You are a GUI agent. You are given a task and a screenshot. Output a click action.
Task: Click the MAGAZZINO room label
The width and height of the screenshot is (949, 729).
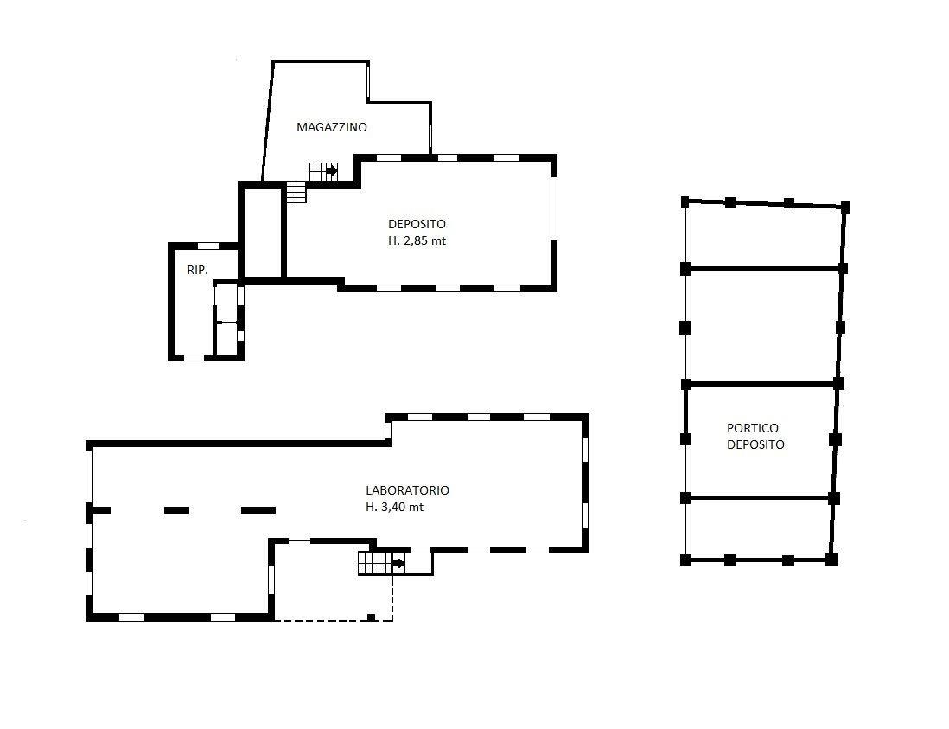pyautogui.click(x=332, y=127)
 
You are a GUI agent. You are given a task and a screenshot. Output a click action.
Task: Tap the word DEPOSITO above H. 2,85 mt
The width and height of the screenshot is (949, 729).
pyautogui.click(x=417, y=224)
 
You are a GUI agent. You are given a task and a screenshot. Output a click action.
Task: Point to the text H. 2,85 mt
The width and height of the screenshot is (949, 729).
pyautogui.click(x=417, y=240)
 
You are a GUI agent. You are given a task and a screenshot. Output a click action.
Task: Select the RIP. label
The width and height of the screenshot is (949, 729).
pyautogui.click(x=197, y=270)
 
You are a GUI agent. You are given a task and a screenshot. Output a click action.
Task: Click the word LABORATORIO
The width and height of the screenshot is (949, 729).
pyautogui.click(x=407, y=490)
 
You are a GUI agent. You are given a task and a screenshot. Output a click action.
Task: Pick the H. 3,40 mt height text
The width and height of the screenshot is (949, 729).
pyautogui.click(x=394, y=508)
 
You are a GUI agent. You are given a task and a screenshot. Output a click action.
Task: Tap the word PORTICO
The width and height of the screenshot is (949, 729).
pyautogui.click(x=752, y=428)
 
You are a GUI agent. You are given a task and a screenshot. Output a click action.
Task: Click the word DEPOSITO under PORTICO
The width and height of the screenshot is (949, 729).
pyautogui.click(x=755, y=444)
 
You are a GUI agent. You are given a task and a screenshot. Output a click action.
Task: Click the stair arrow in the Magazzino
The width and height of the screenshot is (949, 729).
pyautogui.click(x=331, y=171)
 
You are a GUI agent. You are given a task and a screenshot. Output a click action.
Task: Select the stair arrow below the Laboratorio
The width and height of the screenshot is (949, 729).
pyautogui.click(x=398, y=564)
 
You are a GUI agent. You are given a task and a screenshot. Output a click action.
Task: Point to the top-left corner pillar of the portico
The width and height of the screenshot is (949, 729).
pyautogui.click(x=685, y=202)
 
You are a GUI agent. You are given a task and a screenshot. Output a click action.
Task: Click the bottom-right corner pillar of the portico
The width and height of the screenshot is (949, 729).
pyautogui.click(x=831, y=560)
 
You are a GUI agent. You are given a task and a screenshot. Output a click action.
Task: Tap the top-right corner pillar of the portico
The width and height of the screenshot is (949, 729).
pyautogui.click(x=845, y=207)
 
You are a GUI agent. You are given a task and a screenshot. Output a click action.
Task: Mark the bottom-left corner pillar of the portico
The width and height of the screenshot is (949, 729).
pyautogui.click(x=685, y=560)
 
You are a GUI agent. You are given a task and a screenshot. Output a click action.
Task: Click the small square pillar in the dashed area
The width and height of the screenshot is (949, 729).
pyautogui.click(x=371, y=617)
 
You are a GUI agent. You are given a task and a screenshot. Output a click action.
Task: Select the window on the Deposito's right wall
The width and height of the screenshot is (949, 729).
pyautogui.click(x=554, y=208)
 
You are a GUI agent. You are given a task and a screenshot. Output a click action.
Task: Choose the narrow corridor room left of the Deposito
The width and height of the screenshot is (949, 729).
pyautogui.click(x=264, y=233)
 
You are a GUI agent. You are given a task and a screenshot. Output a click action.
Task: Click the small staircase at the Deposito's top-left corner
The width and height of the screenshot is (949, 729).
pyautogui.click(x=296, y=192)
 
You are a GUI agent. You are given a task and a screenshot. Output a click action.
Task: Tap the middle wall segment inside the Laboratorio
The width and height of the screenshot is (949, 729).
pyautogui.click(x=176, y=510)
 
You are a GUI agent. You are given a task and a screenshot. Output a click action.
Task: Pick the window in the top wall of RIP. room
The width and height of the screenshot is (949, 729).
pyautogui.click(x=208, y=246)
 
